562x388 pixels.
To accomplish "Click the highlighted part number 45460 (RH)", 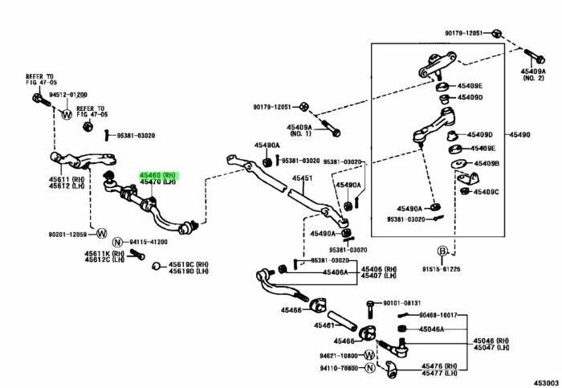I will pyautogui.click(x=157, y=174).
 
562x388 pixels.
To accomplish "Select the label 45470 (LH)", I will pyautogui.click(x=157, y=182).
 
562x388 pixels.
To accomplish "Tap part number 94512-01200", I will pyautogui.click(x=67, y=94).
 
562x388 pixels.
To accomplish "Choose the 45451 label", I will pyautogui.click(x=302, y=178).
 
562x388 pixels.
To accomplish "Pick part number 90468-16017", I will pyautogui.click(x=438, y=316).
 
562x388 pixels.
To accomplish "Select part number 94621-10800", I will pyautogui.click(x=340, y=354).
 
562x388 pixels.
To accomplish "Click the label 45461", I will pyautogui.click(x=324, y=325).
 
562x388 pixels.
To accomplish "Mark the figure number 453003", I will pyautogui.click(x=545, y=381).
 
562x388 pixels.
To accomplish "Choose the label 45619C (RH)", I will pyautogui.click(x=188, y=264).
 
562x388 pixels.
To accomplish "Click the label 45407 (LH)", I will pyautogui.click(x=378, y=276).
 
